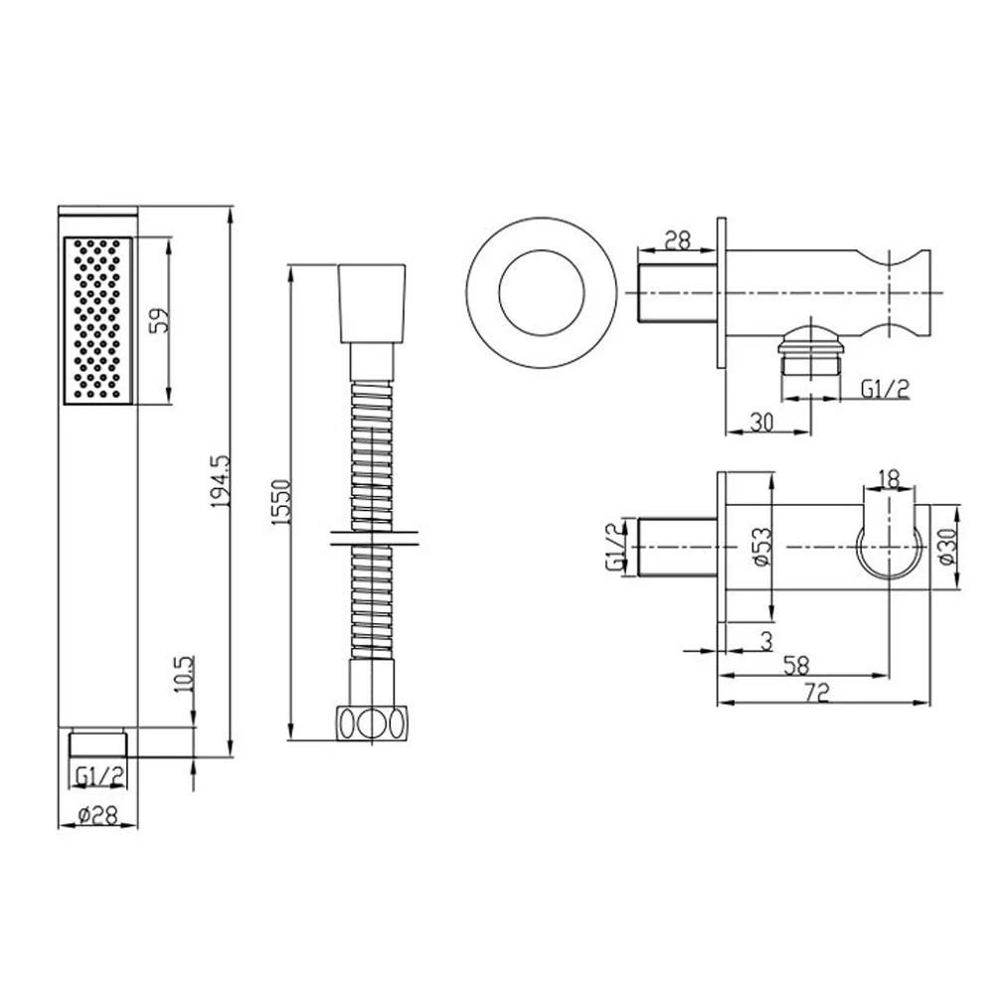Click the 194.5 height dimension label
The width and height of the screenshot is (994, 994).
[x=221, y=480]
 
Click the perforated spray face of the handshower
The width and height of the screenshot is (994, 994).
[x=97, y=320]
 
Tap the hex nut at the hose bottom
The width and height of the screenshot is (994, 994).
[x=372, y=723]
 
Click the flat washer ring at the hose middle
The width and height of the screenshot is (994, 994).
[x=372, y=540]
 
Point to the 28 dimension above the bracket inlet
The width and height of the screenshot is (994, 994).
[x=677, y=240]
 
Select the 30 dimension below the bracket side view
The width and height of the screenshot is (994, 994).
[x=763, y=420]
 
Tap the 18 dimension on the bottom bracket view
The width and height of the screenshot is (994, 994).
[x=890, y=479]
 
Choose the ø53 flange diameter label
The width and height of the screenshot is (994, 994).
[x=760, y=546]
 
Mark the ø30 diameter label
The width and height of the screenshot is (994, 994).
[x=945, y=547]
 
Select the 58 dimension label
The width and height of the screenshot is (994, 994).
[x=793, y=665]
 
